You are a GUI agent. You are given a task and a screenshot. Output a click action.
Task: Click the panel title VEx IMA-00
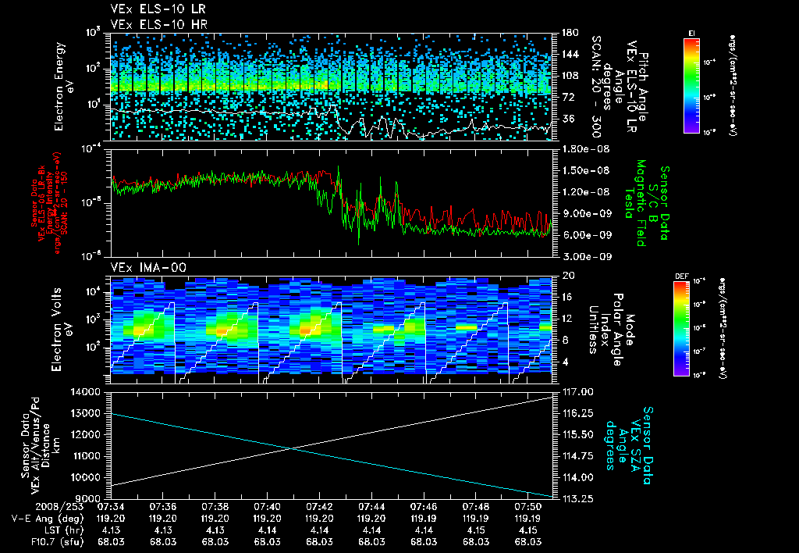139,268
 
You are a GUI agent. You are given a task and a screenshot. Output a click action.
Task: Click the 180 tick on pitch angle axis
568,33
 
